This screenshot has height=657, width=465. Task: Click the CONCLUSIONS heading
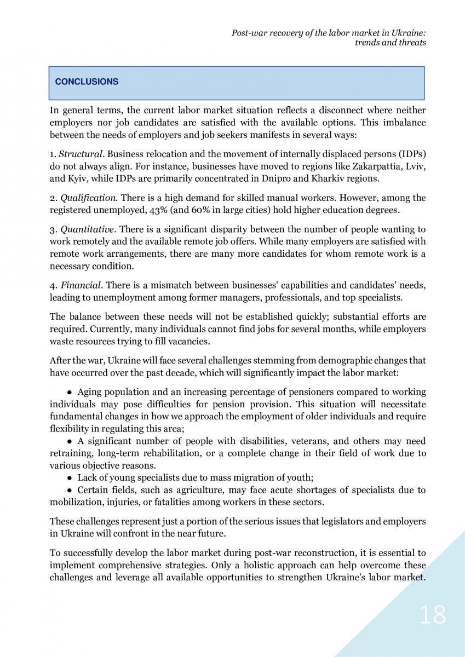pos(87,82)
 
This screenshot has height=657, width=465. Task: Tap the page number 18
pos(433,615)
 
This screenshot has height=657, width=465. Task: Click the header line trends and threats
pos(391,43)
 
